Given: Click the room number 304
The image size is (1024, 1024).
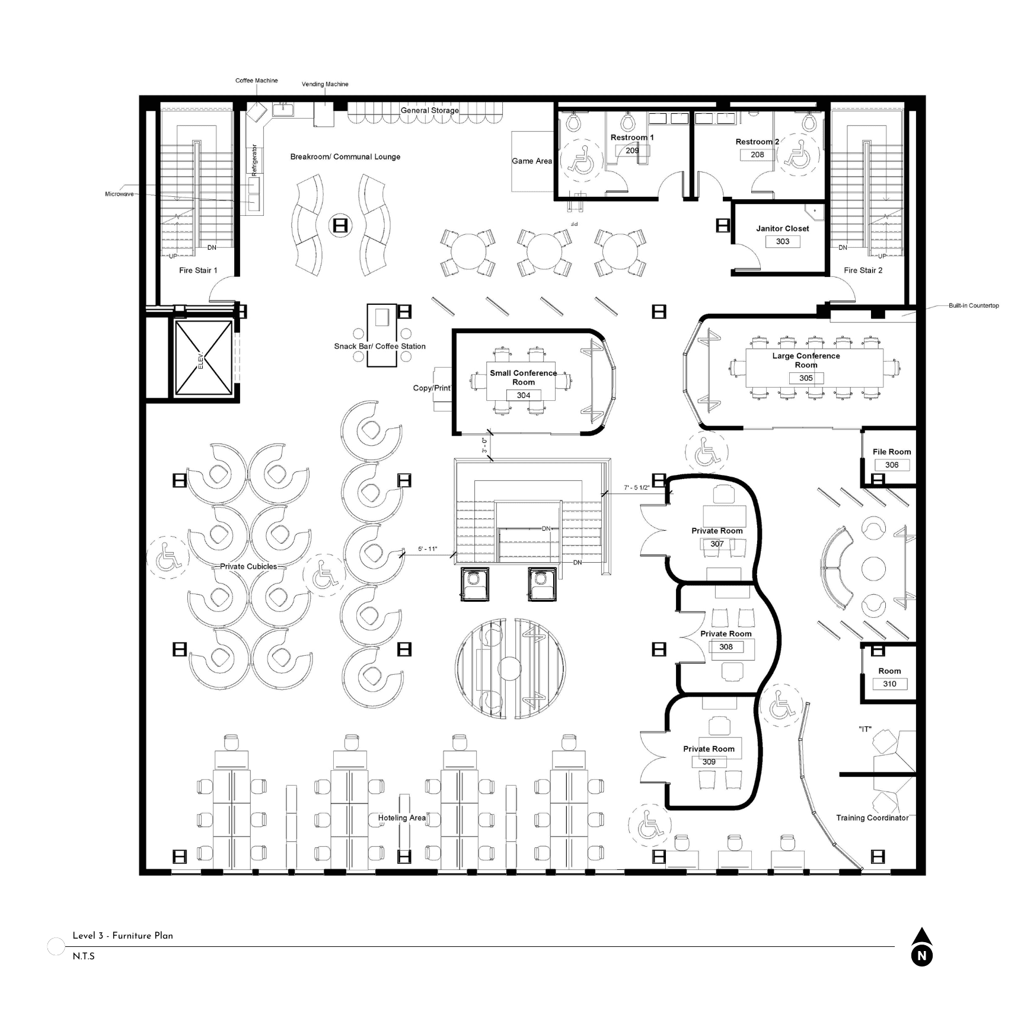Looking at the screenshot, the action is pyautogui.click(x=523, y=395).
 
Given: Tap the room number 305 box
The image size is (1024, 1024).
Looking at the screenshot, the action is pyautogui.click(x=806, y=378).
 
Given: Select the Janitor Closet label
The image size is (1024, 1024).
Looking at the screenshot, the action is pyautogui.click(x=782, y=228).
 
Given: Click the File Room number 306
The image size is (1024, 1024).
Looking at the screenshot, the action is pyautogui.click(x=892, y=465).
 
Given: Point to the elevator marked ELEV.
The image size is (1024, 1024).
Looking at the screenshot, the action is pyautogui.click(x=203, y=358).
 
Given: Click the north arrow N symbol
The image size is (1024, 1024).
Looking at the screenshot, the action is pyautogui.click(x=921, y=955).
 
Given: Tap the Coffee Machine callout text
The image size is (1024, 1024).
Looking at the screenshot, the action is pyautogui.click(x=256, y=81).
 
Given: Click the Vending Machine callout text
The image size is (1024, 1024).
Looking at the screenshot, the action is pyautogui.click(x=325, y=84).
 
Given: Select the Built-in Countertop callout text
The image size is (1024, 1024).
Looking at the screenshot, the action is pyautogui.click(x=974, y=306).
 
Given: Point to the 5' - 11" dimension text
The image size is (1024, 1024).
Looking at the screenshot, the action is pyautogui.click(x=428, y=549).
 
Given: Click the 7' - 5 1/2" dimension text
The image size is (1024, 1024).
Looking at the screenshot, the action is pyautogui.click(x=636, y=488).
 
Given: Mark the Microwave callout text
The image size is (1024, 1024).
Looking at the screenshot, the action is pyautogui.click(x=119, y=194).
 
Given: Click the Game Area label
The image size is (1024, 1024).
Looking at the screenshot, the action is pyautogui.click(x=532, y=161).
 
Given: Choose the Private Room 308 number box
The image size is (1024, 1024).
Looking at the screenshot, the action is pyautogui.click(x=726, y=647).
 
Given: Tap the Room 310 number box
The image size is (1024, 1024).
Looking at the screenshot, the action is pyautogui.click(x=889, y=684).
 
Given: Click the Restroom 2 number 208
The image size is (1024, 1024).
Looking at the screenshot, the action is pyautogui.click(x=757, y=155).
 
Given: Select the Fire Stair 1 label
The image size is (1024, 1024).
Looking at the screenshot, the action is pyautogui.click(x=198, y=270).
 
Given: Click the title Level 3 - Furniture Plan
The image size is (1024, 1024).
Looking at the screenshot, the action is pyautogui.click(x=123, y=936).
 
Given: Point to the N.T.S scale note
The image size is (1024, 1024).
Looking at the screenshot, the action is pyautogui.click(x=84, y=956).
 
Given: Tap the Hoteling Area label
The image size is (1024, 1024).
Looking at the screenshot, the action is pyautogui.click(x=402, y=818).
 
